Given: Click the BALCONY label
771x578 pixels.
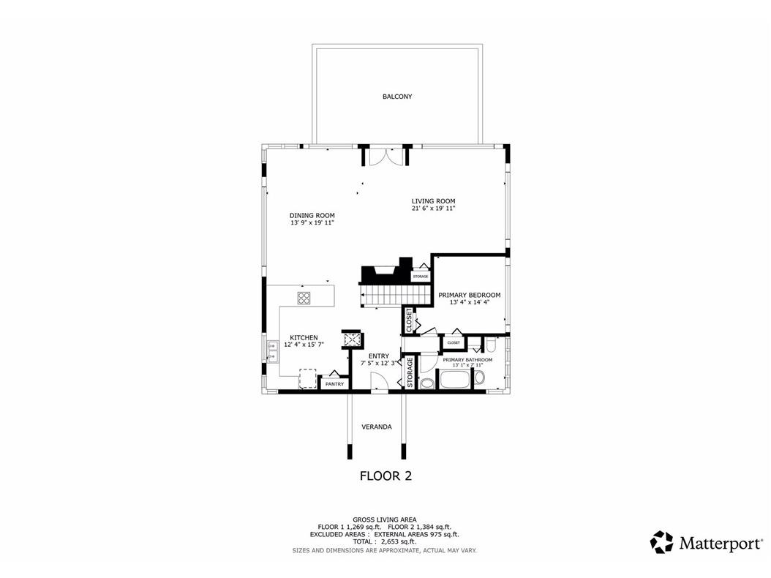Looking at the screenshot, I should [396, 97].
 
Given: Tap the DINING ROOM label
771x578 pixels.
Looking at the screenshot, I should [312, 215].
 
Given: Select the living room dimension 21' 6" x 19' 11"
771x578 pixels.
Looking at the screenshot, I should [433, 209].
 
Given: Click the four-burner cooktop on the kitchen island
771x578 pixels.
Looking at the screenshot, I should [304, 297].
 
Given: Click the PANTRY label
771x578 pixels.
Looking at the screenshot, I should [334, 384].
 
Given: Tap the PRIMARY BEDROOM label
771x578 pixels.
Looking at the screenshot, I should [469, 294].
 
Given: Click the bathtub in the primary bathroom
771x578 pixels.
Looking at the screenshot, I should [455, 379].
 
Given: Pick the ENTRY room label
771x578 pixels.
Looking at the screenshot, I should [378, 356].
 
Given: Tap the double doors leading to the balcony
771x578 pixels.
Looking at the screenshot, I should [385, 157].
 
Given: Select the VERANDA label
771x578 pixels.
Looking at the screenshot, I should [377, 427].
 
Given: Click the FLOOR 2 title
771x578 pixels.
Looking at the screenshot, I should [385, 476].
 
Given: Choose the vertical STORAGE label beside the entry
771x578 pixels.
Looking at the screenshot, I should [410, 373].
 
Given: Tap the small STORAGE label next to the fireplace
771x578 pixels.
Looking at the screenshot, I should [420, 277].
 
